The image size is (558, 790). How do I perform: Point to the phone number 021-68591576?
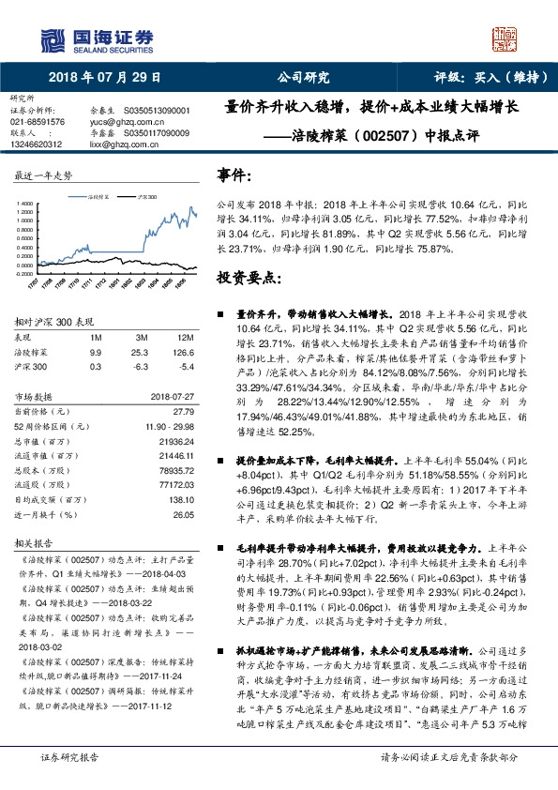point(38,122)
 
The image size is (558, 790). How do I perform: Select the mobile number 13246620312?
point(37,144)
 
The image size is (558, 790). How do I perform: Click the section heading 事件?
point(234,175)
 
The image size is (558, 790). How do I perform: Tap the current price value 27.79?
point(183,411)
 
